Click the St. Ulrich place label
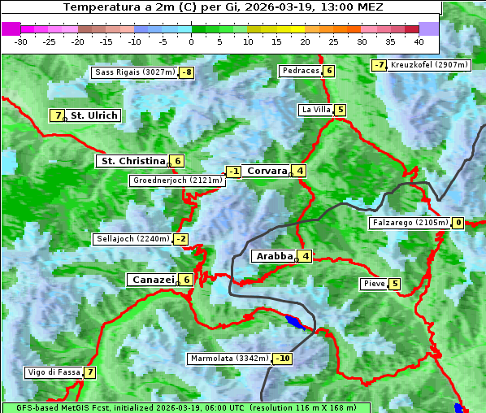[94, 115]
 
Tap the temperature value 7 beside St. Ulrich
[57, 115]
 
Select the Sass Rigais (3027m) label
[135, 72]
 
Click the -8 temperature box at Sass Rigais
[187, 72]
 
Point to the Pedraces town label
[300, 71]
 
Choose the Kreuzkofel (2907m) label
[428, 64]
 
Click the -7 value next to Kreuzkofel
[379, 65]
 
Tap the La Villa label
[315, 110]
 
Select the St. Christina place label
[132, 161]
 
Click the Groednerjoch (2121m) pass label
[176, 180]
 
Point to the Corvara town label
[267, 171]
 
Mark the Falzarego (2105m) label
[409, 223]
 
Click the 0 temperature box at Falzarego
[458, 223]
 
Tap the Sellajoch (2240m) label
[132, 239]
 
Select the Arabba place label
[273, 256]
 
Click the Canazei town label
[152, 280]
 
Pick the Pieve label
[374, 284]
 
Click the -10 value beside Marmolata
[283, 359]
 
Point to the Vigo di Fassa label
[54, 372]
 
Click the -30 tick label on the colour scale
[21, 41]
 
